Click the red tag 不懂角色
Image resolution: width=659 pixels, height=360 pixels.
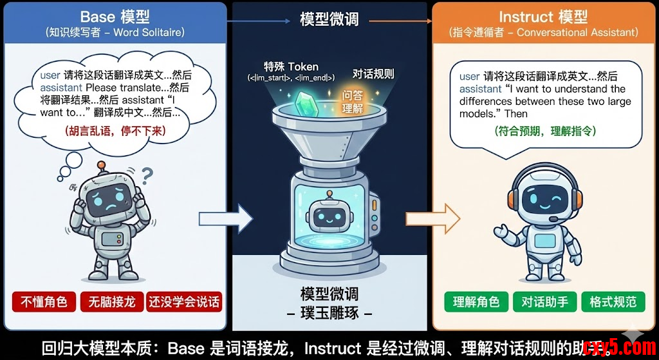tap(44, 301)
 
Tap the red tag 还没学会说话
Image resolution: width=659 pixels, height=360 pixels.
tap(184, 301)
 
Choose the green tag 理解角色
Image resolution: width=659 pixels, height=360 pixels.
tap(476, 301)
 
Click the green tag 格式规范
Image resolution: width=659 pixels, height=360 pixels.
tap(613, 301)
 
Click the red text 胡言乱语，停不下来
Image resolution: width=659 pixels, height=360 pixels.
tap(115, 131)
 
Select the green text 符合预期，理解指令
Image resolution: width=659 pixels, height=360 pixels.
tap(546, 131)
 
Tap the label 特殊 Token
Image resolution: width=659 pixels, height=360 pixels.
tap(291, 66)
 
